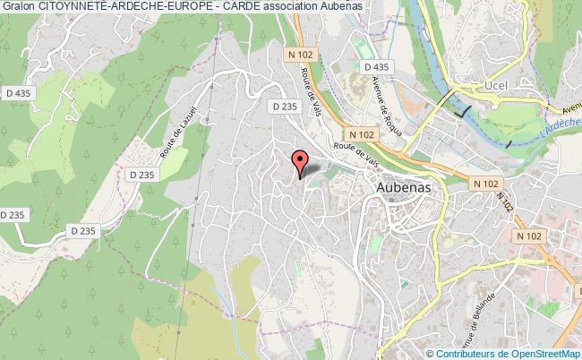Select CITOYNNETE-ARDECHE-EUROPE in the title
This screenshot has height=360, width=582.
123,8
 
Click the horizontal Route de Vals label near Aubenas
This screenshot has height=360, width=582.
351,150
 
